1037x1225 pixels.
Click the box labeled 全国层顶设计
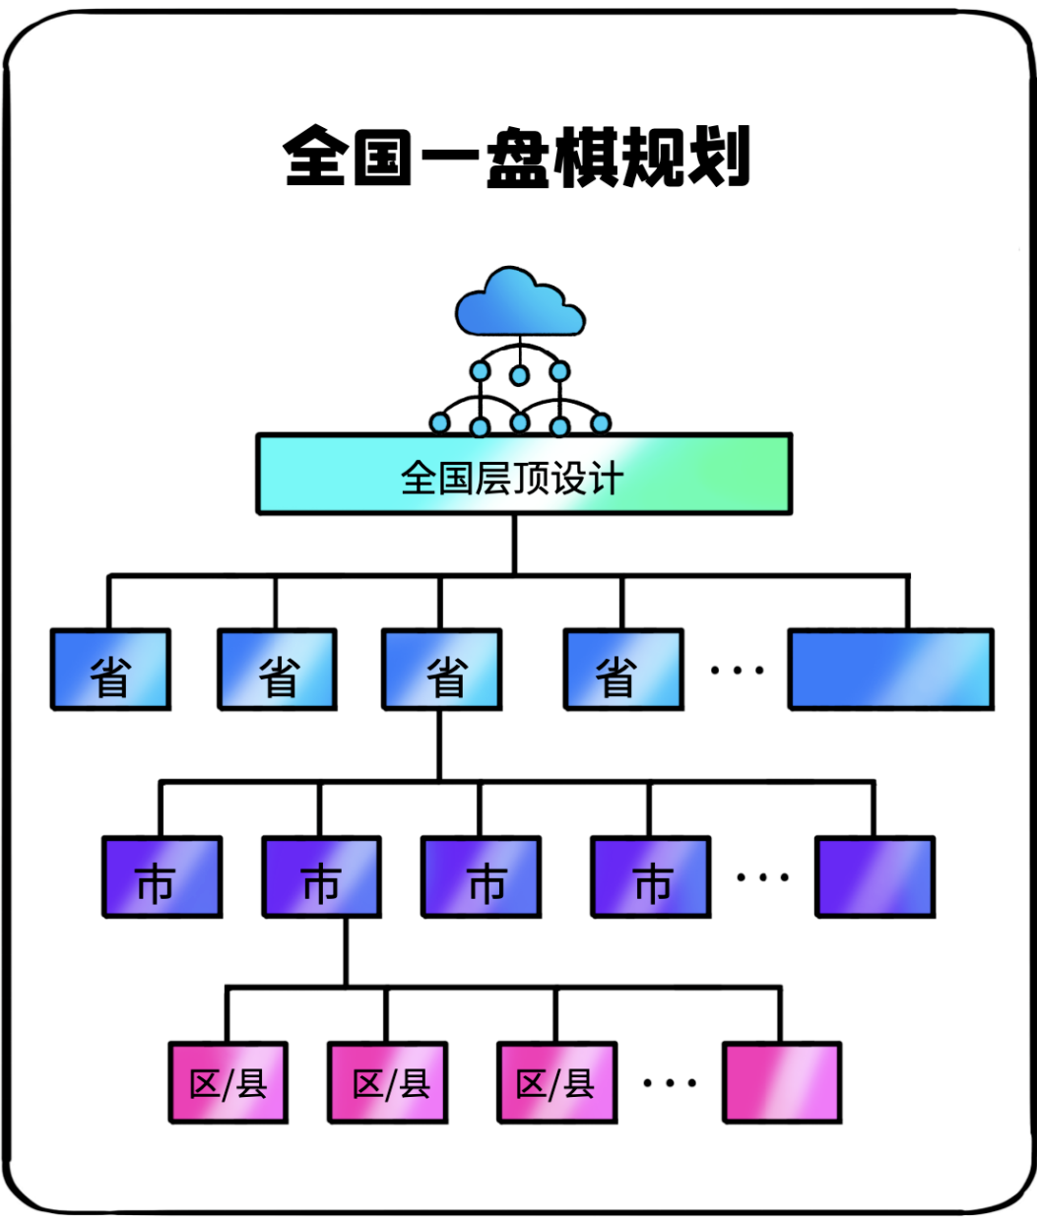point(523,475)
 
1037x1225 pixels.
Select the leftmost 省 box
point(110,670)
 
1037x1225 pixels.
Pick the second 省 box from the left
point(277,670)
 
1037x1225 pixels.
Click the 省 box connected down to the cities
point(442,670)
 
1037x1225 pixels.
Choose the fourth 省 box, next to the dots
point(623,670)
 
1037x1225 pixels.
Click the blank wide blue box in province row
point(890,670)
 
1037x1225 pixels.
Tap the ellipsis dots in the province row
point(737,671)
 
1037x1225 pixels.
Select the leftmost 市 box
point(162,876)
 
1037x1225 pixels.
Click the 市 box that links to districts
point(322,876)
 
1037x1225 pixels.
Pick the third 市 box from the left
point(482,876)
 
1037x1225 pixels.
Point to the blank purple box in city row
point(875,876)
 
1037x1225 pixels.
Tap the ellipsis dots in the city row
point(762,876)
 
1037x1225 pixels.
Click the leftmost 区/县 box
point(228,1082)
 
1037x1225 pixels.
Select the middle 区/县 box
point(388,1082)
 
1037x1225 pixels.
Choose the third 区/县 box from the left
point(557,1082)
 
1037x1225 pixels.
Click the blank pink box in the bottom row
point(782,1082)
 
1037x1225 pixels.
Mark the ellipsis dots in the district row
point(670,1082)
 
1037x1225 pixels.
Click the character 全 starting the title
point(313,157)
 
